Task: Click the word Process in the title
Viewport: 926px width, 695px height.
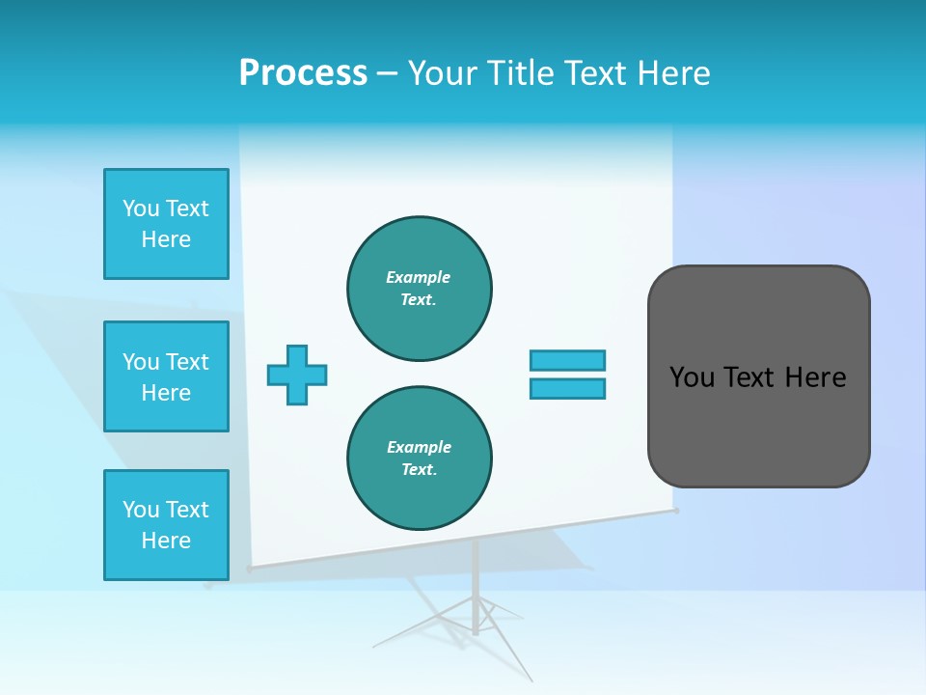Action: pos(303,72)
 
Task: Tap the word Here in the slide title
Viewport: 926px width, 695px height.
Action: pos(671,73)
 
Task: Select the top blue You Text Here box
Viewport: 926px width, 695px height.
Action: pos(166,224)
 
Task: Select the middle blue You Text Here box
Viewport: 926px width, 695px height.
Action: pos(166,376)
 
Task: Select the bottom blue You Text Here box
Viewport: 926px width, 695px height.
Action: pos(166,525)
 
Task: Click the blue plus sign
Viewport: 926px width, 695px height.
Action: pos(297,375)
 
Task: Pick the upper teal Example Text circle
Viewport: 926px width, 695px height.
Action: pos(420,289)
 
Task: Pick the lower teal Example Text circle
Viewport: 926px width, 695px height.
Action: pos(420,459)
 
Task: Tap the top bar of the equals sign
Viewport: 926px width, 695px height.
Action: pos(567,360)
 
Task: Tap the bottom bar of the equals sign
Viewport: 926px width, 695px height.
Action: pos(567,388)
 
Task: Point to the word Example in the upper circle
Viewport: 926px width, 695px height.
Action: pos(418,277)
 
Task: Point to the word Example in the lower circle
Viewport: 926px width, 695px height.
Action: pos(419,447)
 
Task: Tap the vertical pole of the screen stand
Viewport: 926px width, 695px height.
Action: pos(476,579)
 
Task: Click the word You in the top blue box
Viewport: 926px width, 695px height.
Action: pos(140,208)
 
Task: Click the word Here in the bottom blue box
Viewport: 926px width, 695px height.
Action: pos(166,541)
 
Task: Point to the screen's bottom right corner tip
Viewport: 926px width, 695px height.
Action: pos(676,510)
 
